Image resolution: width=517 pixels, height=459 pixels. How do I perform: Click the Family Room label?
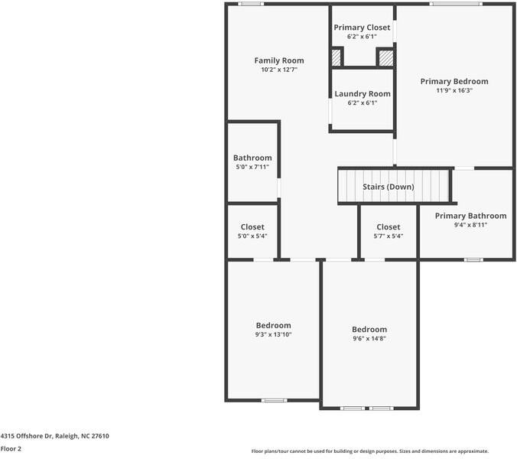click(279, 60)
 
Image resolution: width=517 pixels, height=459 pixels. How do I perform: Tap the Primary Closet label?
click(362, 28)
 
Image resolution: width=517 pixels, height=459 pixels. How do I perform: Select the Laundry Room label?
click(363, 94)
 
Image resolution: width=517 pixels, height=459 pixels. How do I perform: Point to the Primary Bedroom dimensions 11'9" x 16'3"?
click(454, 90)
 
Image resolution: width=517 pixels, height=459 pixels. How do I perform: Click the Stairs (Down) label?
click(388, 187)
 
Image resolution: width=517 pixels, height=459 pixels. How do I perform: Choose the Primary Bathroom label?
click(470, 216)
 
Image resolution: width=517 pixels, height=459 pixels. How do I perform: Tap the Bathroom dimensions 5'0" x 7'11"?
click(252, 167)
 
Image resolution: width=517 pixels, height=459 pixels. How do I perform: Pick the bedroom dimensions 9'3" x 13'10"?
click(273, 334)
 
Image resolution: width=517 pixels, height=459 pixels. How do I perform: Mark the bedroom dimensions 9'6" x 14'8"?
click(369, 338)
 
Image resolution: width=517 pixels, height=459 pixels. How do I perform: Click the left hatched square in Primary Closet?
click(336, 57)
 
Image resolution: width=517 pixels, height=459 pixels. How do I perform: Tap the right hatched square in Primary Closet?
click(386, 58)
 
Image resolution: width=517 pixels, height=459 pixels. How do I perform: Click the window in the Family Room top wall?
click(251, 4)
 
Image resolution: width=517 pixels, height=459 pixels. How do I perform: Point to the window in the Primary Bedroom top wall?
click(456, 4)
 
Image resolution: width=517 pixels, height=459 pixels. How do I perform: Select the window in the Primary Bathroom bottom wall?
click(473, 260)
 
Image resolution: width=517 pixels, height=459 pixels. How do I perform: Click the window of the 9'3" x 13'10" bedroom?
click(275, 400)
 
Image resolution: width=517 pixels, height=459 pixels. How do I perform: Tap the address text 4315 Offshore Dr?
click(26, 436)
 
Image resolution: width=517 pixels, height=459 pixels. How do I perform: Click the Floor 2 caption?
click(11, 449)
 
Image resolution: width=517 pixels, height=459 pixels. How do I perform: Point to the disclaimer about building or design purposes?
click(370, 451)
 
